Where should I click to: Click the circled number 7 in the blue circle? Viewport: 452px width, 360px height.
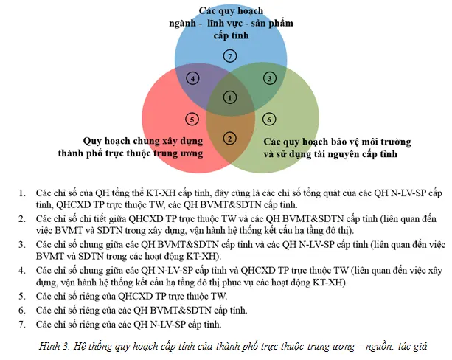[230, 56]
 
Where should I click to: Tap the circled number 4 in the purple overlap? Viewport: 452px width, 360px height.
[192, 78]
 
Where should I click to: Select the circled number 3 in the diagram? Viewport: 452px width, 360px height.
[270, 78]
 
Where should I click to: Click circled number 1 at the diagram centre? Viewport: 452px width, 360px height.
[230, 98]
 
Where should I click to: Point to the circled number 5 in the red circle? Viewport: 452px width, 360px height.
[192, 119]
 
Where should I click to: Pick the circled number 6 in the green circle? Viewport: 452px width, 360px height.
[269, 119]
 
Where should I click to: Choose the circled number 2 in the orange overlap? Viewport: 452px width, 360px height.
[230, 139]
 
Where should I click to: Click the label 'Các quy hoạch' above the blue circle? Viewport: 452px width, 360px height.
[231, 11]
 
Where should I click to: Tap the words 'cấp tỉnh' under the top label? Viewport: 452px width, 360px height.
[231, 35]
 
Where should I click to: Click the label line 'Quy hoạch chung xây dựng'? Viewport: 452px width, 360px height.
[143, 141]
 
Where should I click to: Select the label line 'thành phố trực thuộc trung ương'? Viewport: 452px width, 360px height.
[131, 153]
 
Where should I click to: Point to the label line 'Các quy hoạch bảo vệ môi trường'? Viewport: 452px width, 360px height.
[337, 142]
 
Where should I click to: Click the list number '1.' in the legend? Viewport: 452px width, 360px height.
[22, 193]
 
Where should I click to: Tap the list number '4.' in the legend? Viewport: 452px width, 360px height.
[22, 271]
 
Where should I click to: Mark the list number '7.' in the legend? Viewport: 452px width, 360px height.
[22, 325]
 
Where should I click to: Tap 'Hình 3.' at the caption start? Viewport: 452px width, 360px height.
[54, 346]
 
